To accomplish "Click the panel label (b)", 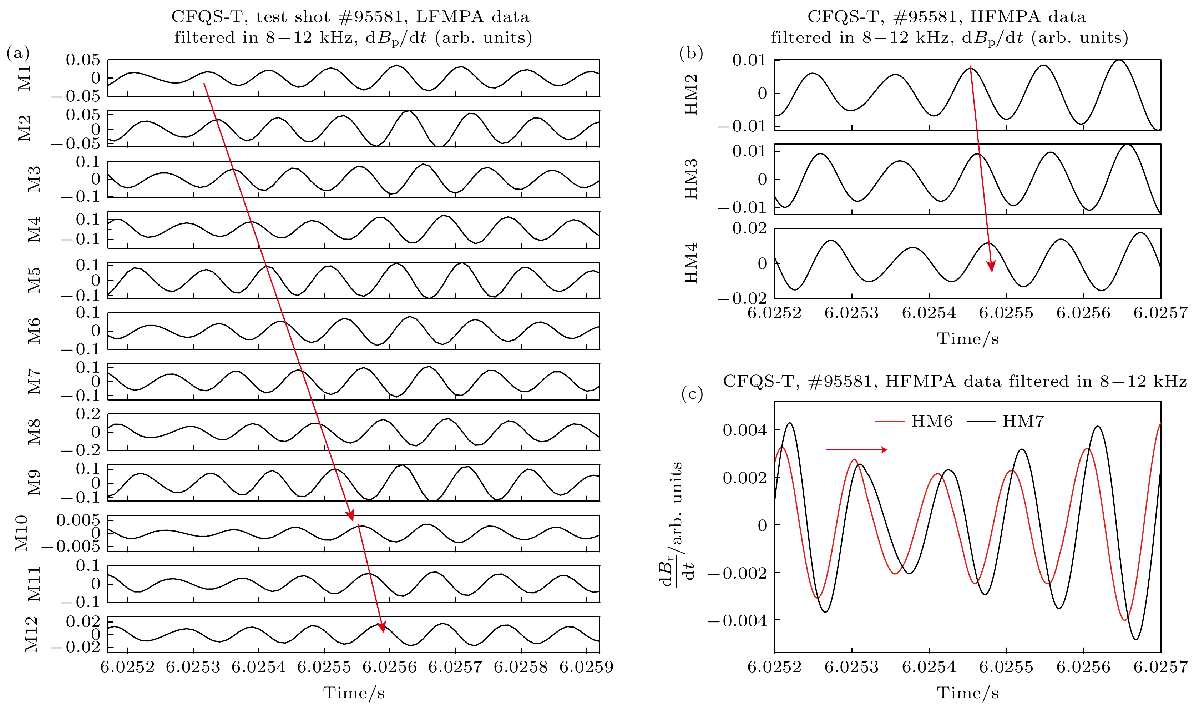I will (691, 53).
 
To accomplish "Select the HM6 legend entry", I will (914, 421).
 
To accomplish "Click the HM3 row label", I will (691, 179).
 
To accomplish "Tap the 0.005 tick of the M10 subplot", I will (79, 520).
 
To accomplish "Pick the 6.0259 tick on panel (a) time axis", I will (586, 667).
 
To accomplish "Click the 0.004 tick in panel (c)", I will (744, 430).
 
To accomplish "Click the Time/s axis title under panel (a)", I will (354, 693).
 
